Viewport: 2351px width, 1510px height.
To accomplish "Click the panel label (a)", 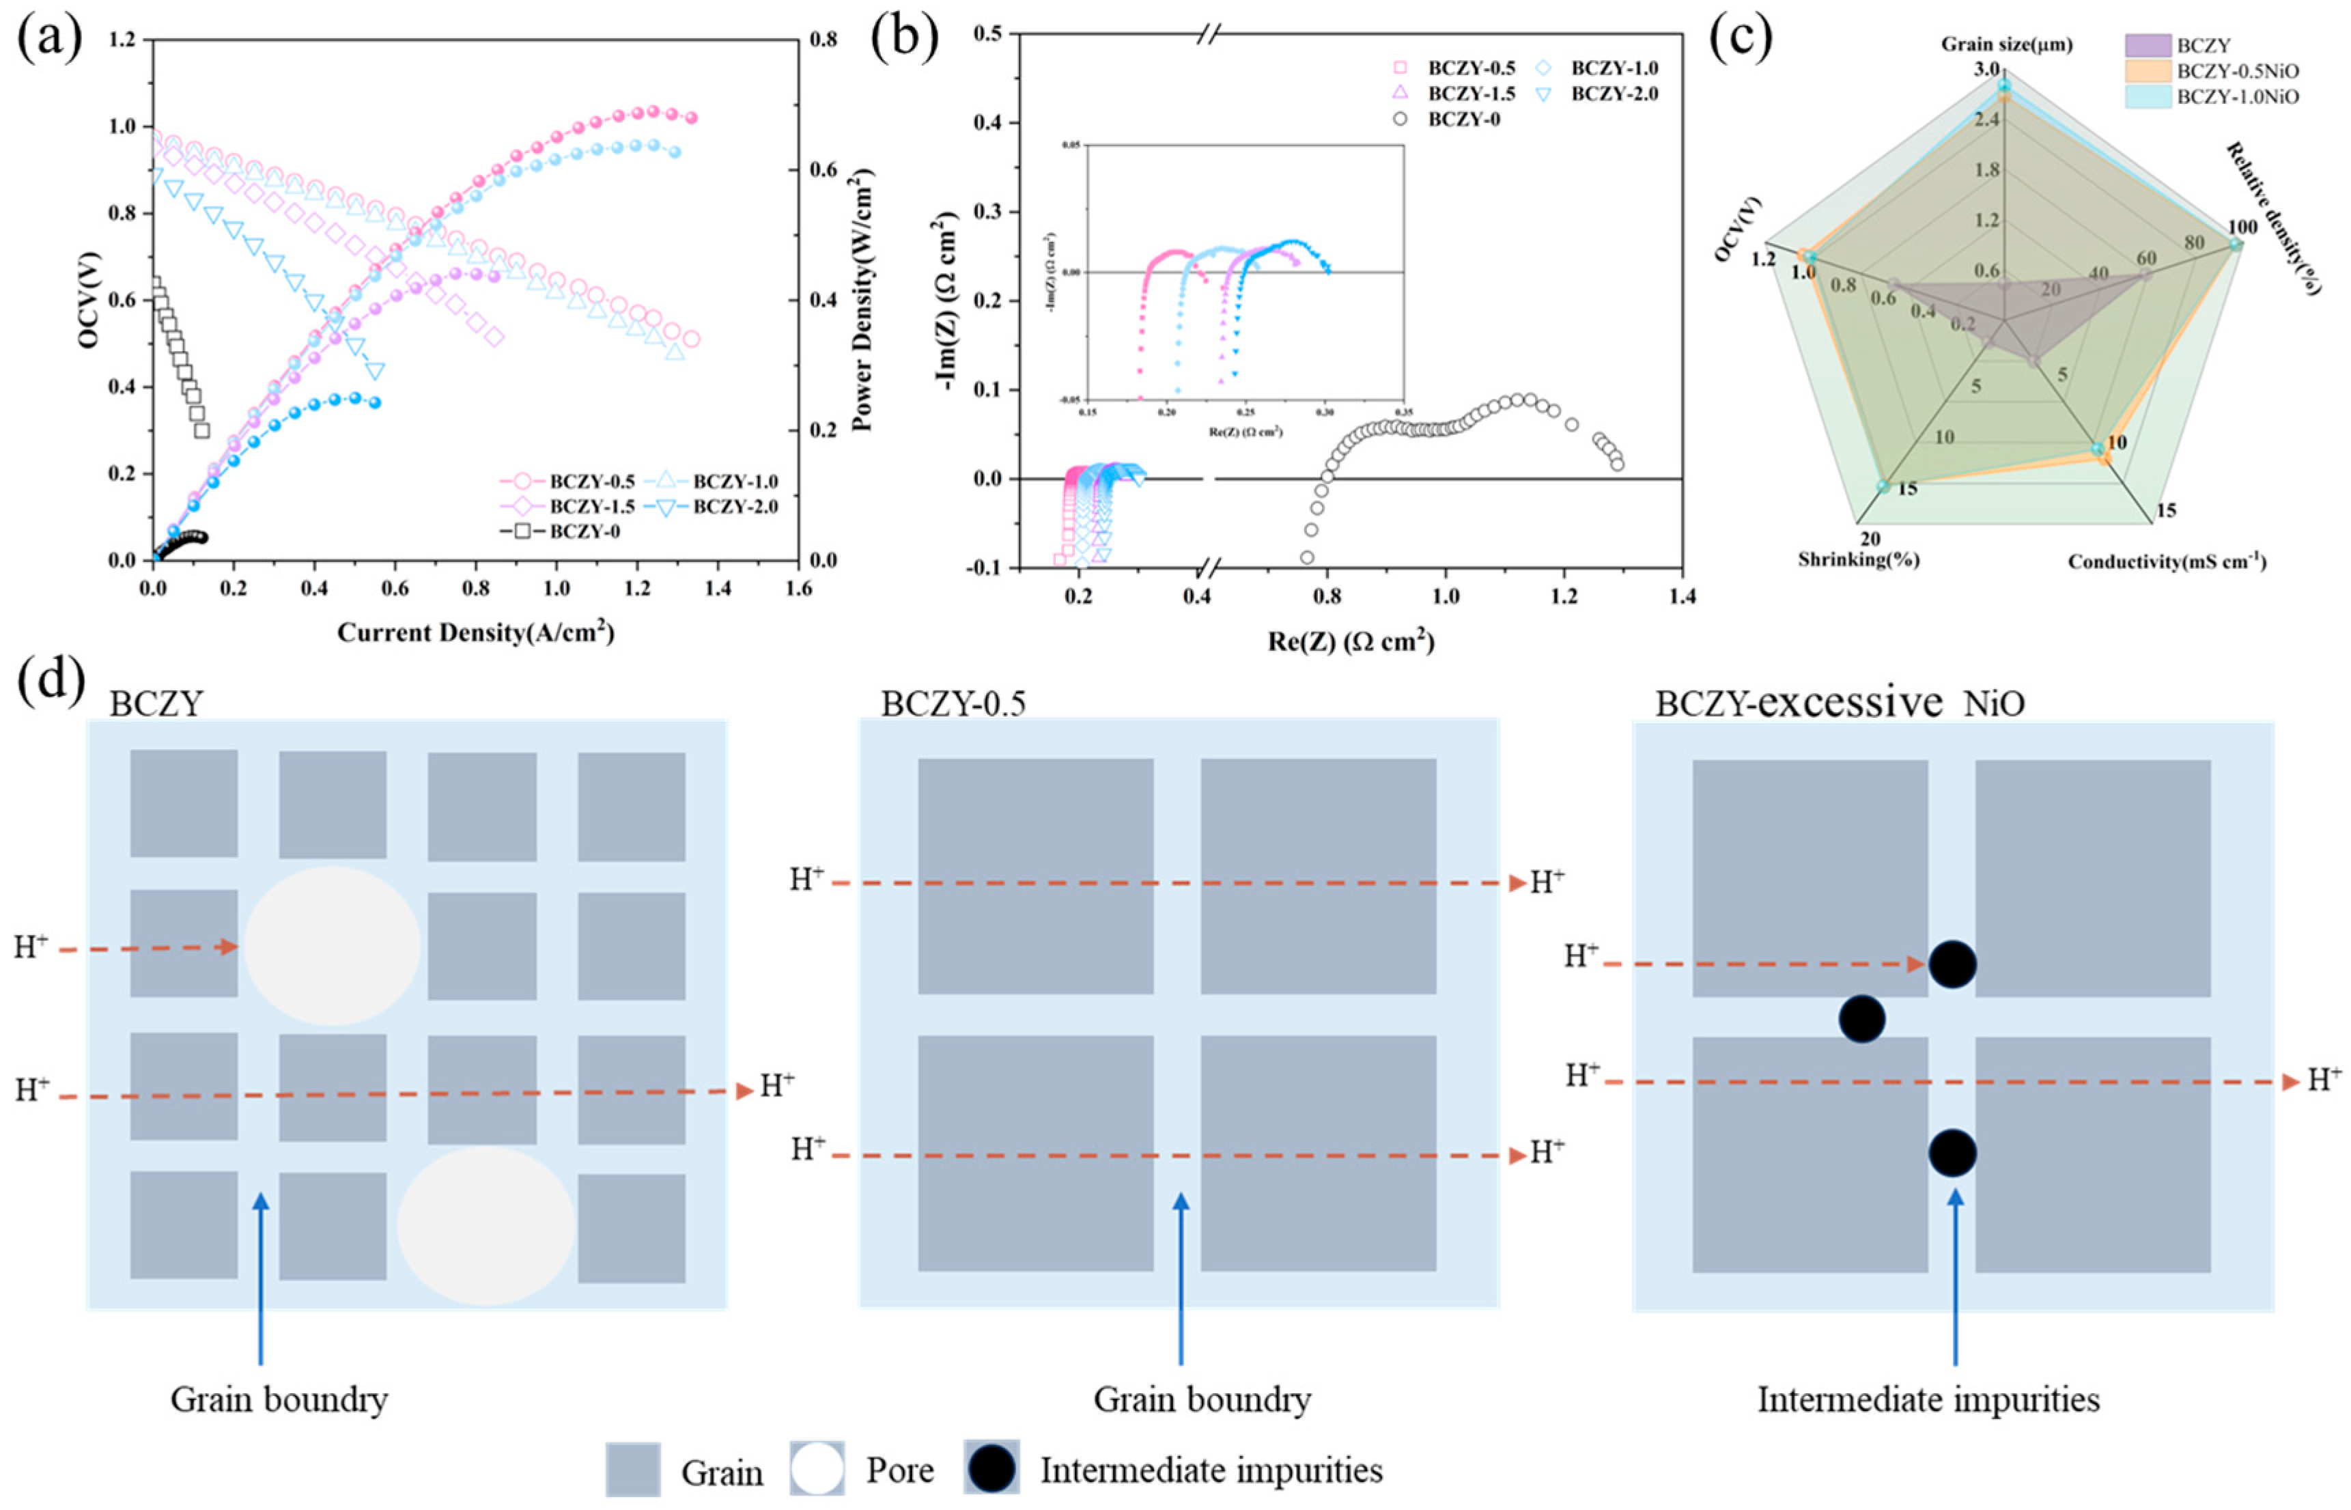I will point(49,39).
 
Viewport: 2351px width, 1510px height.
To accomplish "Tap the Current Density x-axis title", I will point(475,632).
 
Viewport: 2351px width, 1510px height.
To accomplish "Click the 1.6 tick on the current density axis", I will point(799,588).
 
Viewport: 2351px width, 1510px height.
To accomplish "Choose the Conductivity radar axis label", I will point(2167,562).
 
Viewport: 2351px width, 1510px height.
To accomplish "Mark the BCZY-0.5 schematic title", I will point(953,704).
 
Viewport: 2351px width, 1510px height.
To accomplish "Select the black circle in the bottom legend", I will point(991,1470).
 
